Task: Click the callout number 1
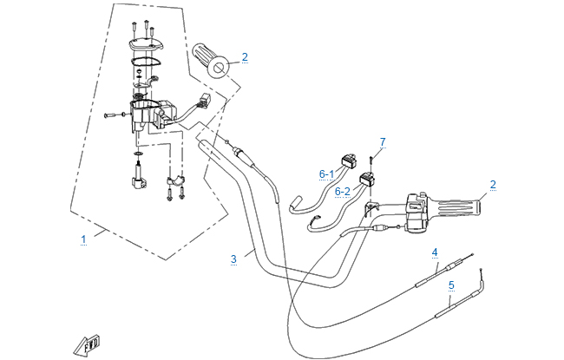[x=83, y=238]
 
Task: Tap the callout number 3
[x=233, y=259]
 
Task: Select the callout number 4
[x=435, y=252]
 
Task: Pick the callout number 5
[x=451, y=284]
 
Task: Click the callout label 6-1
[x=326, y=173]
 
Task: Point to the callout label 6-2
[x=342, y=191]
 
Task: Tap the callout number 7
[x=382, y=141]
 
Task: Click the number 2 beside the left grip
[x=245, y=57]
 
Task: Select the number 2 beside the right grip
[x=493, y=184]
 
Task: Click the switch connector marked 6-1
[x=351, y=160]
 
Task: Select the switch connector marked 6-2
[x=368, y=180]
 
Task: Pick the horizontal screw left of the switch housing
[x=110, y=113]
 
